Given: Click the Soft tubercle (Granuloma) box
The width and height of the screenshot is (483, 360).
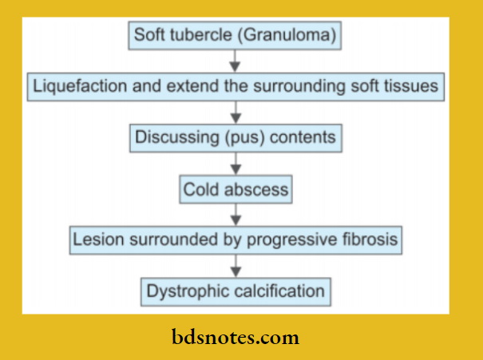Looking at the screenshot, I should [235, 36].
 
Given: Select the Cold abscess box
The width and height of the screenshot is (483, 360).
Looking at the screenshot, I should [236, 191].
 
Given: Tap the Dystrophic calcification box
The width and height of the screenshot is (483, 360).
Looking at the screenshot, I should [236, 291].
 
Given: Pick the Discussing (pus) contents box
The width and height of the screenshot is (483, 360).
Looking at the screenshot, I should [236, 137].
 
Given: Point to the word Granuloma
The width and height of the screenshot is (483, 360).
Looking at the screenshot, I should [297, 36].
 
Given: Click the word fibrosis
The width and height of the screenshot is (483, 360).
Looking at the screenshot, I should [370, 239].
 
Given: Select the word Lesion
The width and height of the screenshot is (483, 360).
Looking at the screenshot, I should [94, 239].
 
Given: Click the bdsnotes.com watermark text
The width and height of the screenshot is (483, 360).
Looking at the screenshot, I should [236, 338].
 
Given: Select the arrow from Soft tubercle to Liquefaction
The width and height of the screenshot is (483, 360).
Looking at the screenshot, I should [235, 61].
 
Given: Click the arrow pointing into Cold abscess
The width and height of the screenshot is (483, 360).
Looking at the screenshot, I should [235, 164].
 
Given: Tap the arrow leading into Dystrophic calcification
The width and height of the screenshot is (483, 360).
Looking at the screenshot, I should [235, 265].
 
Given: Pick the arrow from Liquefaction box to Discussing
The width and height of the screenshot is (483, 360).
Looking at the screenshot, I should [235, 113].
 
